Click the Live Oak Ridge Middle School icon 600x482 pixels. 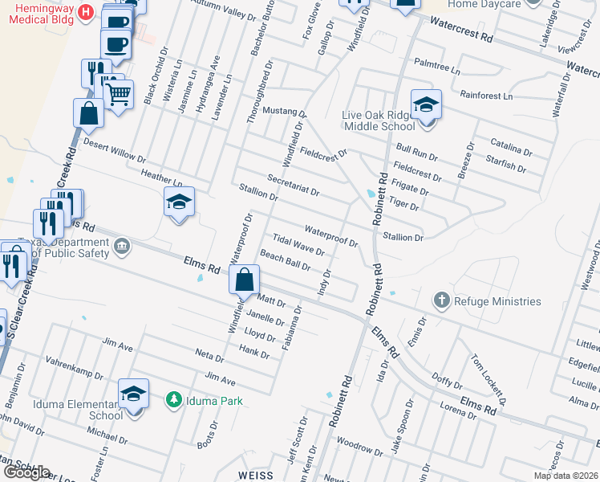click(426, 104)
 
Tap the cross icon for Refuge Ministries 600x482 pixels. click(440, 301)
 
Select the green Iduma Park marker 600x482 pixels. click(172, 399)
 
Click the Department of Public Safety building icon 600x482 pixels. click(121, 245)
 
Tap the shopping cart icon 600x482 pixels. click(119, 95)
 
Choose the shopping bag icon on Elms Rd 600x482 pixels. click(244, 281)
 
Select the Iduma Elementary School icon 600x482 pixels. click(134, 394)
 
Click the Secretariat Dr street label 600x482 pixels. click(294, 186)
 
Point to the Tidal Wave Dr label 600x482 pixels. click(298, 245)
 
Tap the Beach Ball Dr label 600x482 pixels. click(285, 260)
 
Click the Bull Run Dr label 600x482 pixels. click(416, 150)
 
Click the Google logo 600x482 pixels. click(26, 472)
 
